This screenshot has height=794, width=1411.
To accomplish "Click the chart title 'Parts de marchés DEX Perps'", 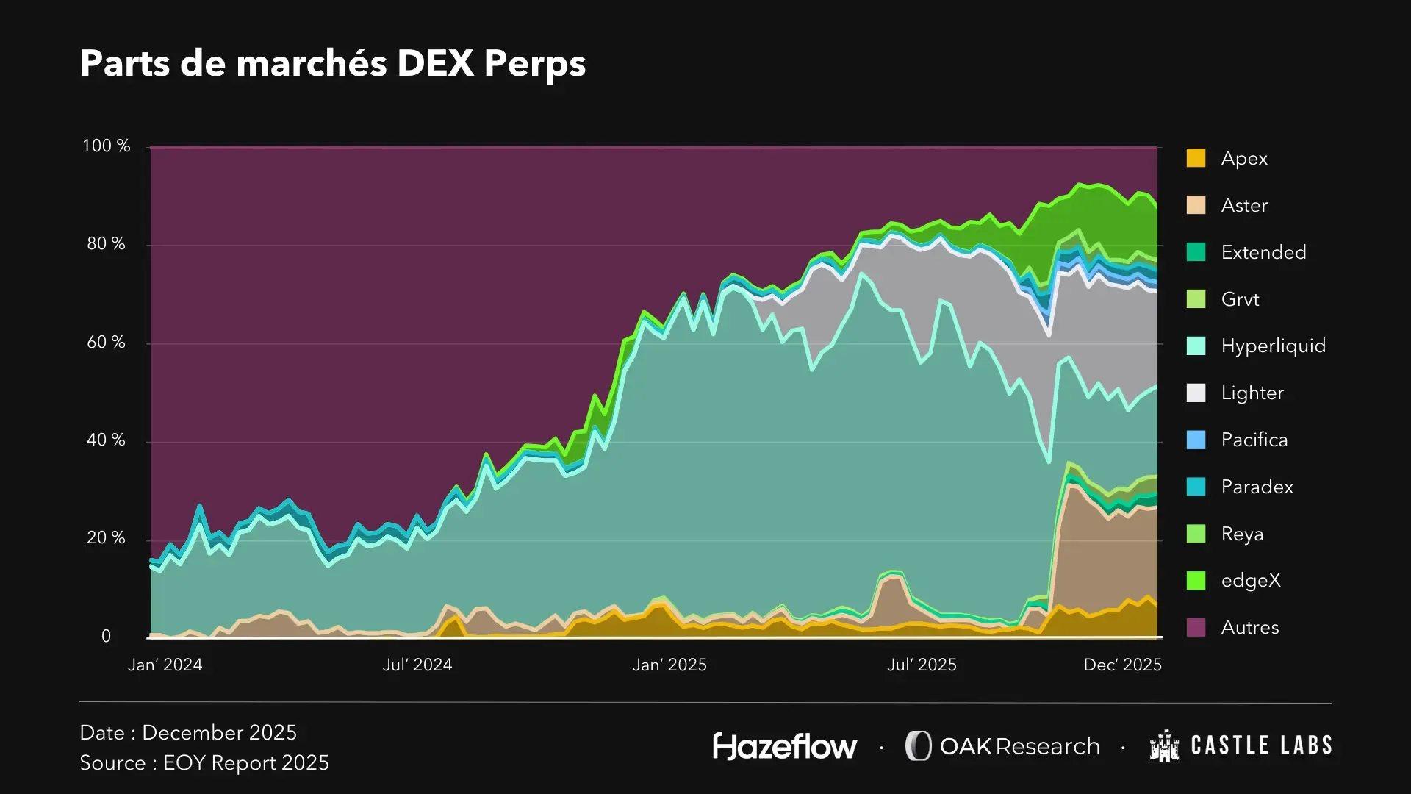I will point(332,63).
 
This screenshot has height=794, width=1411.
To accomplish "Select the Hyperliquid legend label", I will point(1273,346).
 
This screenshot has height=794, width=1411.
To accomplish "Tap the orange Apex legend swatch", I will point(1196,158).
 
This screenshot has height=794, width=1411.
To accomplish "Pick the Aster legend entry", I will point(1243,205).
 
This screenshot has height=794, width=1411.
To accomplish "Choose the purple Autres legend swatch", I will point(1196,627).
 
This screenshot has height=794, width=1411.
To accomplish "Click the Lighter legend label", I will point(1252,393).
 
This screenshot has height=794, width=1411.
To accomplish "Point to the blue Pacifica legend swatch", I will point(1196,440).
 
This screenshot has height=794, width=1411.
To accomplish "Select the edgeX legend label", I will point(1250,580).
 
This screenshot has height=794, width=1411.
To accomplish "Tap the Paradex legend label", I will point(1257,487).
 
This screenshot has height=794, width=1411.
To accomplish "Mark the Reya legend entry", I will point(1241,534).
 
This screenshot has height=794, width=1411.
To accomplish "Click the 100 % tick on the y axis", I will point(106,146).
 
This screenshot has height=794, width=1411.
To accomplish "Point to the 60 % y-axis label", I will point(106,343).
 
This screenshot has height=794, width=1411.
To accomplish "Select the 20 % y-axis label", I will point(106,538).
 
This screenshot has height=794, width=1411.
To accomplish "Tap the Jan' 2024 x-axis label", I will point(165,665).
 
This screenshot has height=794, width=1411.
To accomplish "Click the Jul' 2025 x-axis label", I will point(922,665).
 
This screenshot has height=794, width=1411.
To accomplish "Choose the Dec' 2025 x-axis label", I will point(1122,665).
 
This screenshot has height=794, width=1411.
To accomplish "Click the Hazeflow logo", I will point(784,746).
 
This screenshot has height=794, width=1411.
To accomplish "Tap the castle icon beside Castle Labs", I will point(1164,746).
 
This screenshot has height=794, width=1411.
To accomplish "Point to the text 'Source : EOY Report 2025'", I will point(204,763).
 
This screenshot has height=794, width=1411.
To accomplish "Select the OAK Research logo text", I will point(1019,746).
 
